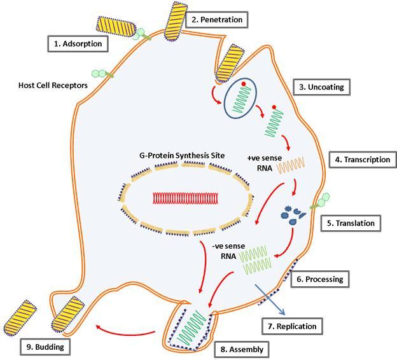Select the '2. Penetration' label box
216,20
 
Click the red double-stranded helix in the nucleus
185,198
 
